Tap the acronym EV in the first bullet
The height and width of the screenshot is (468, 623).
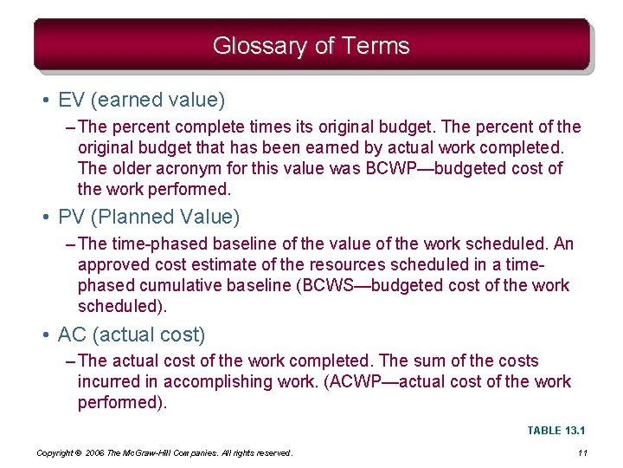[x=71, y=101]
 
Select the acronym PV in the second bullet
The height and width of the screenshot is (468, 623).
[x=71, y=216]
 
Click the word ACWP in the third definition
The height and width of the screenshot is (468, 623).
[x=348, y=381]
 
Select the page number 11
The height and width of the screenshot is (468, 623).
[x=581, y=453]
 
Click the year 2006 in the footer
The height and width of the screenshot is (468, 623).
[x=100, y=453]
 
